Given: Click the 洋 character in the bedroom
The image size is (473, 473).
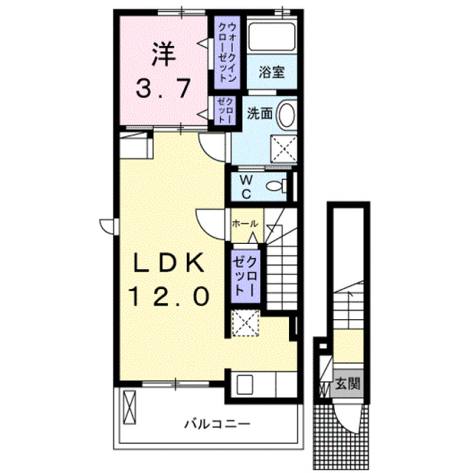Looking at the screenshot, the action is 163,53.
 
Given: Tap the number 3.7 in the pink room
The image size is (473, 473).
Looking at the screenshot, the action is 163,88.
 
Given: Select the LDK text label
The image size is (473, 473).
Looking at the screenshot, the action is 169,263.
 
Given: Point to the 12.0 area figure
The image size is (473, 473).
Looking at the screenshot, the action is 169,296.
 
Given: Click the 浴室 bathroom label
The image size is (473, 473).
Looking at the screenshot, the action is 272,72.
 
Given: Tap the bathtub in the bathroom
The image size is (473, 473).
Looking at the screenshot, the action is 271,37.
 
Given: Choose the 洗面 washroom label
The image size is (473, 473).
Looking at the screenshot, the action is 259,113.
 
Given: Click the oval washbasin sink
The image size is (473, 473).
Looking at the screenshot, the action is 286,115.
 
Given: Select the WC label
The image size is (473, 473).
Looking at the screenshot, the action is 246,187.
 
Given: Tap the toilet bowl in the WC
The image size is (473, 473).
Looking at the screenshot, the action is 276,186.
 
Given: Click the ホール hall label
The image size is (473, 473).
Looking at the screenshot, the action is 245,223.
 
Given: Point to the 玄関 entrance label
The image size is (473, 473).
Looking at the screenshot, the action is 348,384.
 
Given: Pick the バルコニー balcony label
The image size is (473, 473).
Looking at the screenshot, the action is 217,424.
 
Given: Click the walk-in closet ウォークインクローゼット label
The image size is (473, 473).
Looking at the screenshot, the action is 227,52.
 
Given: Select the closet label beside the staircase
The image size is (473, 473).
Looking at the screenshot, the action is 245,276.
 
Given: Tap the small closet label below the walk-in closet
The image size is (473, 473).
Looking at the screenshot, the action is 225,110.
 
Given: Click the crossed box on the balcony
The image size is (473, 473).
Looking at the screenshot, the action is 129,407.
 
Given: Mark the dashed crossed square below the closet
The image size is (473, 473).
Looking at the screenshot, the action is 245,323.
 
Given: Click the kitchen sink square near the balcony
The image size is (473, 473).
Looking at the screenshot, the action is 245,384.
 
